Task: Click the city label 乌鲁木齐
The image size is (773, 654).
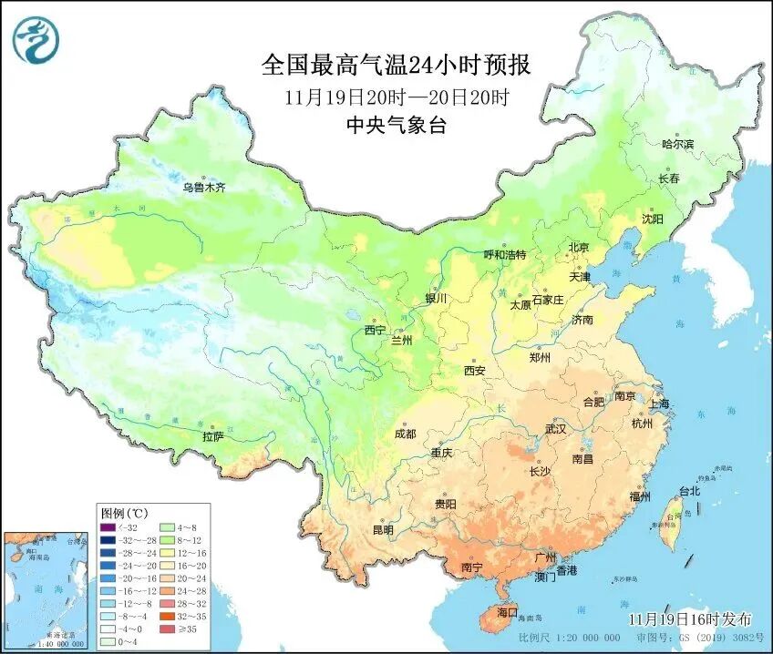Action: click(x=202, y=188)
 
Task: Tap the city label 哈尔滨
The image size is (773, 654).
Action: click(x=676, y=144)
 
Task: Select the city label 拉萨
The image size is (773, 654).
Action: click(x=212, y=436)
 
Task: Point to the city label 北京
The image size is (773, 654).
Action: click(x=579, y=247)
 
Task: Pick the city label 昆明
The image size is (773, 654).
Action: click(x=381, y=529)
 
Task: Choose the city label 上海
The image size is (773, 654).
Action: click(x=659, y=404)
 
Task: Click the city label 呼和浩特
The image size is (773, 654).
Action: click(x=504, y=255)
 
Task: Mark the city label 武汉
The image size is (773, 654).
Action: click(x=555, y=428)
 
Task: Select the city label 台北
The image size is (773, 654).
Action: click(x=689, y=491)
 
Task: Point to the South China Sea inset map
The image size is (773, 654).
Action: click(x=45, y=587)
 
